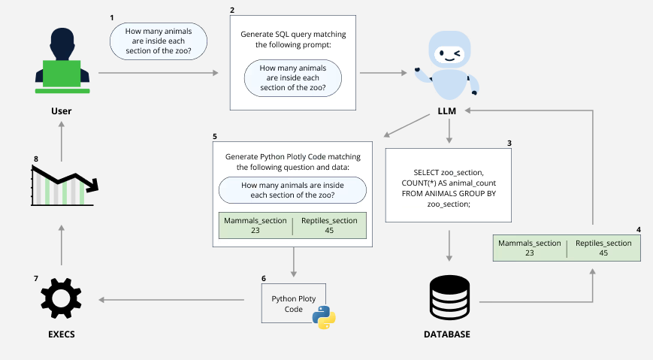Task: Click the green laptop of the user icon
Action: click(62, 74)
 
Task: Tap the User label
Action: click(62, 111)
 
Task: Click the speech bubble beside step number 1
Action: click(159, 41)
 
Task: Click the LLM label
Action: click(448, 111)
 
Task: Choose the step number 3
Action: click(509, 143)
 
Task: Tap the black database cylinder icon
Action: click(449, 298)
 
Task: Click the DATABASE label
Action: click(449, 334)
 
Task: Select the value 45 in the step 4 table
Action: click(603, 253)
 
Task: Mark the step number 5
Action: click(215, 137)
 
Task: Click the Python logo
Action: click(324, 317)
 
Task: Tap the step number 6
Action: click(264, 278)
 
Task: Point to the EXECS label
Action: click(62, 334)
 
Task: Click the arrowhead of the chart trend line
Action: click(95, 185)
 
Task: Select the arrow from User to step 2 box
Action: click(158, 73)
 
